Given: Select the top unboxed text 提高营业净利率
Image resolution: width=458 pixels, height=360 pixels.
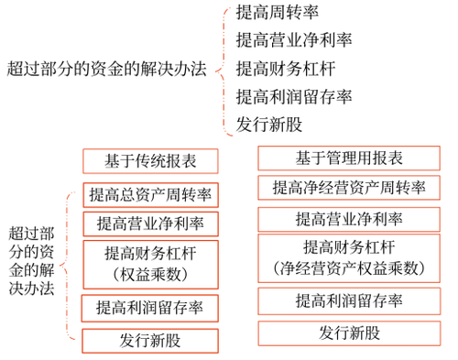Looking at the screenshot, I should pos(293,40).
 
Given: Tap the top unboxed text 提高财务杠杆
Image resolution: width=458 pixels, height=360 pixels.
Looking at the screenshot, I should pos(284,68).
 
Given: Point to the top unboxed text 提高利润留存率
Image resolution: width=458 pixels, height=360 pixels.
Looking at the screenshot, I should pos(293,96).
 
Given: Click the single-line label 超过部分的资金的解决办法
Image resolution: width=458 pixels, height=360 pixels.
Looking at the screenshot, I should pos(105,69).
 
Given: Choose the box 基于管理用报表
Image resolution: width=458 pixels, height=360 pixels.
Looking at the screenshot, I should pos(349,158).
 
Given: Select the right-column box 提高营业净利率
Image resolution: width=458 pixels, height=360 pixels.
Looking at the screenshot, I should pos(349,219).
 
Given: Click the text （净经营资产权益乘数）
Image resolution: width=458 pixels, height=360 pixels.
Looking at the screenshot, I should pos(349,268).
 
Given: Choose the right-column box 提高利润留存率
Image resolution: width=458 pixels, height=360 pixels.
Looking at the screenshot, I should pos(349,300).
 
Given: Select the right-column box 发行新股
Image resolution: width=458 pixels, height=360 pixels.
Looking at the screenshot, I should pos(349,333).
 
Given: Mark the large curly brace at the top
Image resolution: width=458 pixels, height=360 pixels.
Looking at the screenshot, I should pos(223,69).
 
